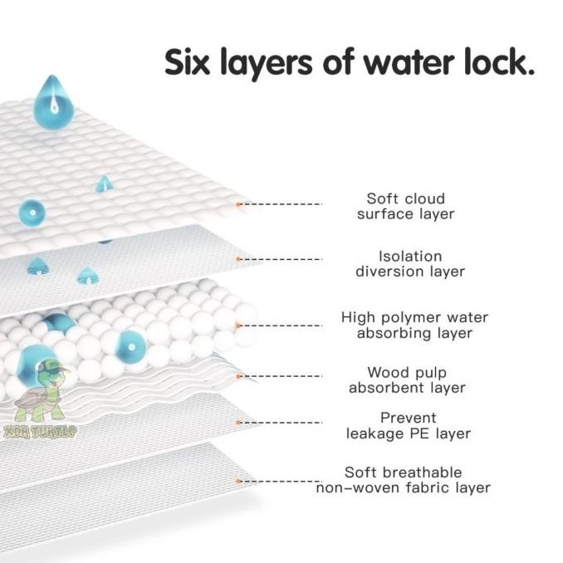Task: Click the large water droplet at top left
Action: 51,101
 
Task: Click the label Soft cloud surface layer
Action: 405,206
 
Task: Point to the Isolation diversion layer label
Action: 409,264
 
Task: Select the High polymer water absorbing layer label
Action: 414,326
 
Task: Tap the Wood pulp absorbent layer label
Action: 406,380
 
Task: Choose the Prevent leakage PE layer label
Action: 408,425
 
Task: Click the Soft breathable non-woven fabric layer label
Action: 404,480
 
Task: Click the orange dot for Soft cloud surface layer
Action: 238,203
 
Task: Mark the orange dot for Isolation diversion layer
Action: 238,259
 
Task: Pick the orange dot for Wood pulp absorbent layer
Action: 238,376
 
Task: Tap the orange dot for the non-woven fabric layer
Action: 238,480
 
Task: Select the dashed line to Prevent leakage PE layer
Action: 282,422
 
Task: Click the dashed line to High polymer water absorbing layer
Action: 282,326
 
